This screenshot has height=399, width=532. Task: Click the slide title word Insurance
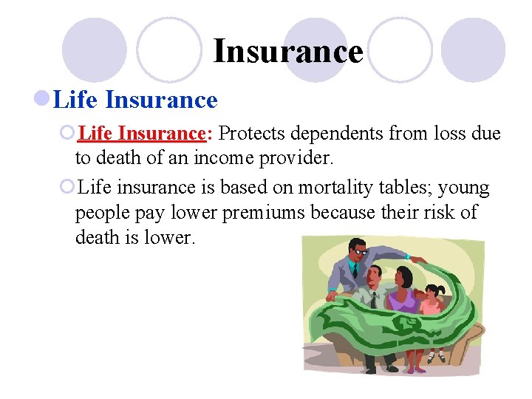pyautogui.click(x=288, y=52)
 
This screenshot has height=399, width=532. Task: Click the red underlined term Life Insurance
pyautogui.click(x=141, y=134)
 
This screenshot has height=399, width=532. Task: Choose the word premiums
pyautogui.click(x=257, y=213)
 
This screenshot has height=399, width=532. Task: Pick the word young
pyautogui.click(x=463, y=188)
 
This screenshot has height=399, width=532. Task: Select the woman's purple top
pyautogui.click(x=403, y=300)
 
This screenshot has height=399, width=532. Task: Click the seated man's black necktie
pyautogui.click(x=374, y=299)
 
